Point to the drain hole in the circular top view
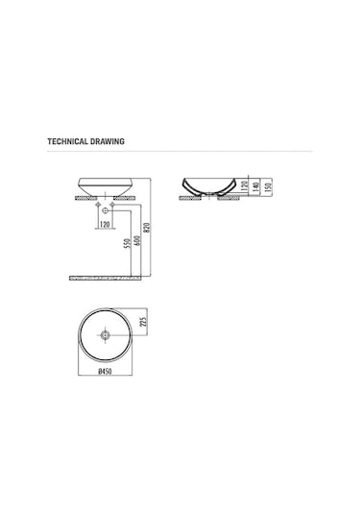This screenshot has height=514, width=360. [106, 336]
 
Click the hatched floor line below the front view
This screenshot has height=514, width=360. [106, 278]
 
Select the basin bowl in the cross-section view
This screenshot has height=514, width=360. [207, 184]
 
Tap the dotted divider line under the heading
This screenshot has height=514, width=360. [180, 152]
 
